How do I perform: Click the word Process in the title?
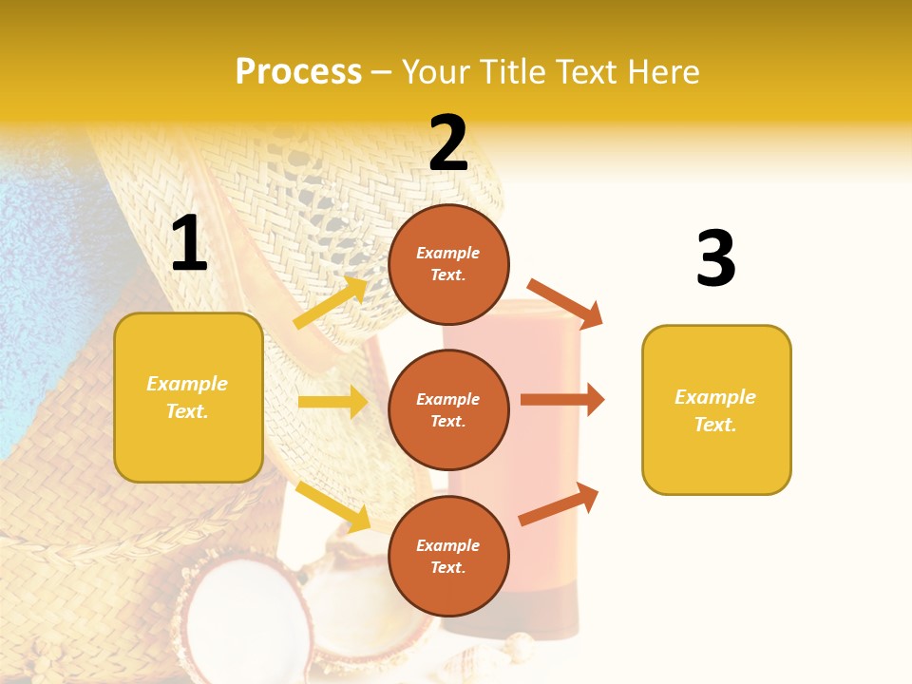pos(298,72)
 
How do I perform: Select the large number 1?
pos(189,244)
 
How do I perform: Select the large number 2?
pos(448,143)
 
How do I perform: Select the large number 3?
pos(715,258)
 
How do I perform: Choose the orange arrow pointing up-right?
pos(560,504)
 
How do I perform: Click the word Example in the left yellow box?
pos(187,384)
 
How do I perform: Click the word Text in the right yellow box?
pos(714,425)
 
